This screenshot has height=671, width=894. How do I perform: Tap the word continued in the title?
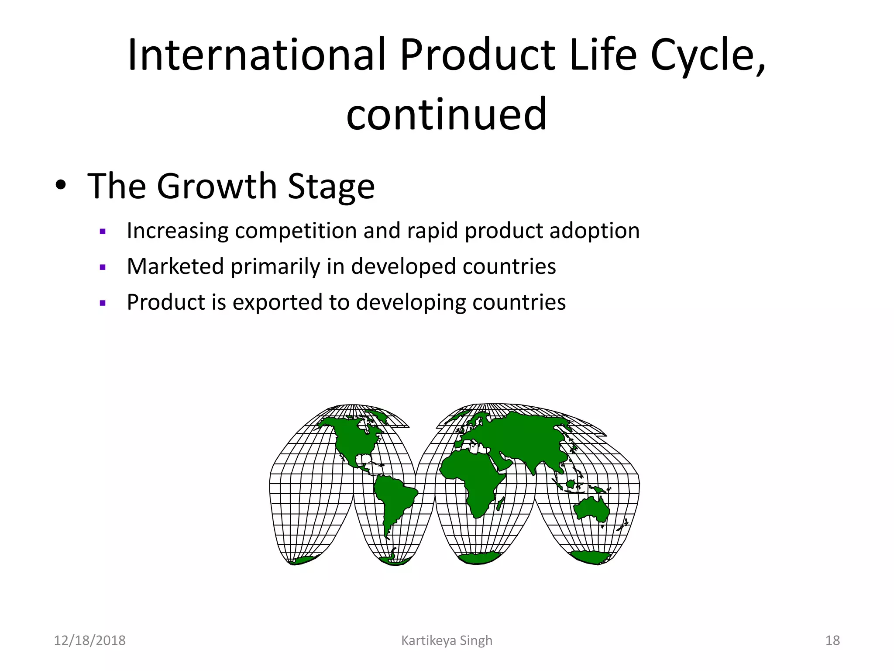(x=446, y=114)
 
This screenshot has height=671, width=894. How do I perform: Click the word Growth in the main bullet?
(x=217, y=187)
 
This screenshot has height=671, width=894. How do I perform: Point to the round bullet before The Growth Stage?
(x=61, y=187)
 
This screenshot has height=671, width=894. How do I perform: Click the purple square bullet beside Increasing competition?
(x=103, y=232)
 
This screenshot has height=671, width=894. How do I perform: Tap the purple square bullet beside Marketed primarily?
(x=103, y=267)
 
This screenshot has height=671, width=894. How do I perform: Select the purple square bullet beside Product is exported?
(x=103, y=303)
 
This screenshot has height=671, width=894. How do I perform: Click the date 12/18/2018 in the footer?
(x=89, y=640)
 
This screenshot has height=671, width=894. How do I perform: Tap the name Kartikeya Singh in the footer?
(x=447, y=640)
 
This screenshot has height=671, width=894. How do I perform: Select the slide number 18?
(x=832, y=640)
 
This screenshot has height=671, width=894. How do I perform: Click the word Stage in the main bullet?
(x=331, y=187)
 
